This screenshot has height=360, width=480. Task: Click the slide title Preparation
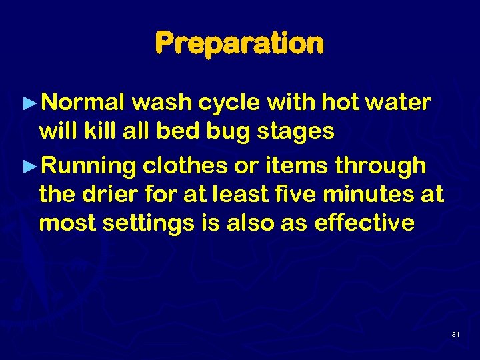tap(239, 44)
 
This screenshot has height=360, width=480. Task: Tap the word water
tap(400, 103)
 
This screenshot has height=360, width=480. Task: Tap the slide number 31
tap(455, 333)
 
